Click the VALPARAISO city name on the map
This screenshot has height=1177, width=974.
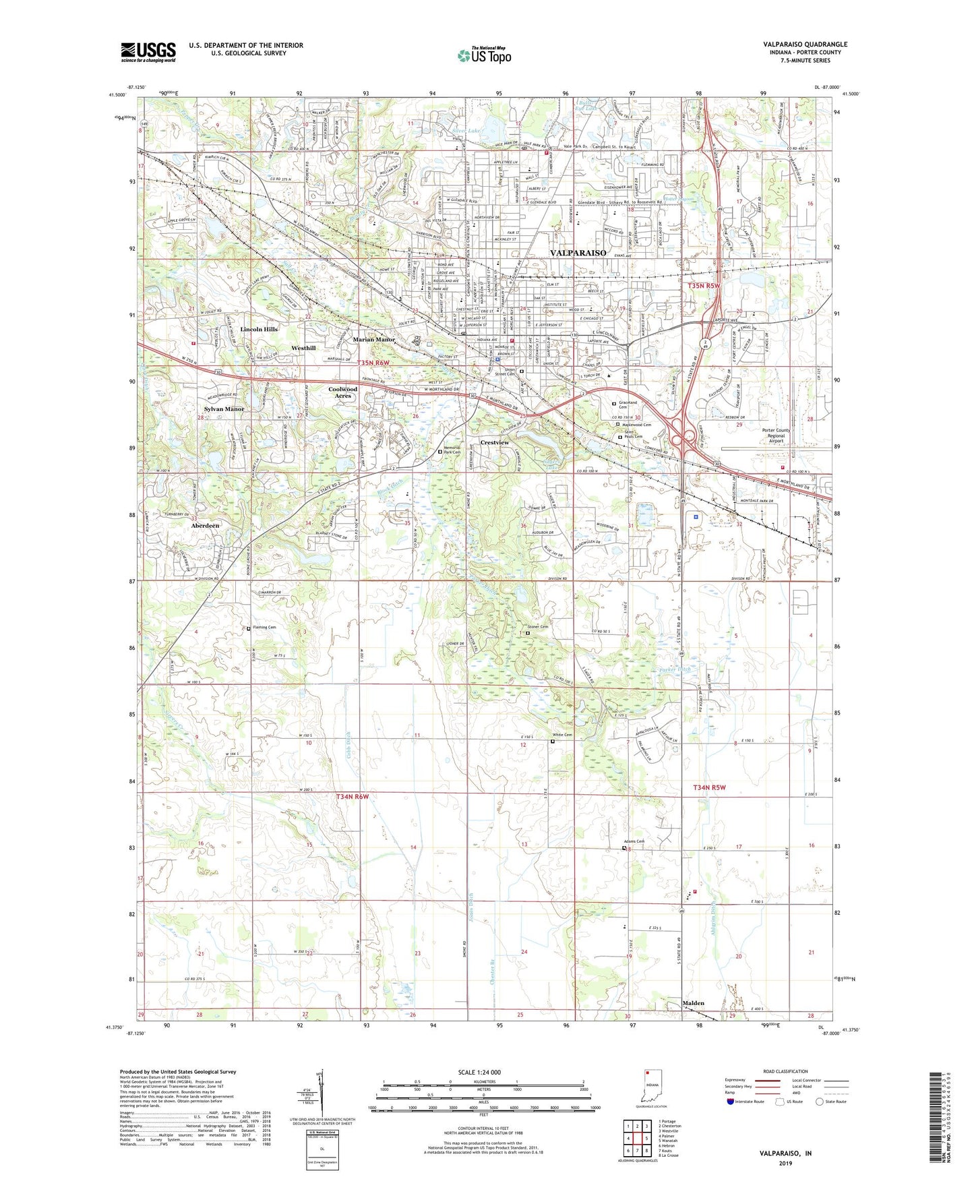(578, 253)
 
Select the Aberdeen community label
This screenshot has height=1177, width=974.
(204, 525)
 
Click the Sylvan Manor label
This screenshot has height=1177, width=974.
(224, 409)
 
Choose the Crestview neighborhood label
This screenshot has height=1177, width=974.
(495, 442)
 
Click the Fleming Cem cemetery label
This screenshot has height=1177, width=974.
(264, 628)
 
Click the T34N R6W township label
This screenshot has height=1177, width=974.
(353, 797)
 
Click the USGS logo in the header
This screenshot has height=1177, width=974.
(148, 52)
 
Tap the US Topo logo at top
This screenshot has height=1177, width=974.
(483, 55)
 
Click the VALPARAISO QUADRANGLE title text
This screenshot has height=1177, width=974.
(805, 44)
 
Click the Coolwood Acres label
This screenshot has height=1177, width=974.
(342, 392)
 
